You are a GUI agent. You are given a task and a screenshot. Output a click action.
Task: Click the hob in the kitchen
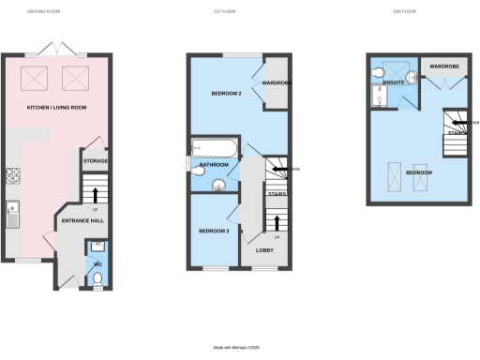[14, 173]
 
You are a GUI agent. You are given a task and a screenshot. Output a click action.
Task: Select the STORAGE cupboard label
[96, 161]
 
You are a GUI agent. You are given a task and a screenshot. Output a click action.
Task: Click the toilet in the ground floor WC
[97, 277]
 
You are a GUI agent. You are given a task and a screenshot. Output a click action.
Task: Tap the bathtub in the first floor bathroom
[210, 148]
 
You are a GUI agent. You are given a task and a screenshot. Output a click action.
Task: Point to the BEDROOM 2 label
[225, 95]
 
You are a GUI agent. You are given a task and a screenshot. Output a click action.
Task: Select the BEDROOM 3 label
[213, 231]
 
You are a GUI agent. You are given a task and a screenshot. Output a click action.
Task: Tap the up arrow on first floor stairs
[277, 222]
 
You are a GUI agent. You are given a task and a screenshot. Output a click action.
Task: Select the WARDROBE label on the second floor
[442, 67]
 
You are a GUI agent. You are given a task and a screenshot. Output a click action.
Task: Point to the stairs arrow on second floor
[453, 122]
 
